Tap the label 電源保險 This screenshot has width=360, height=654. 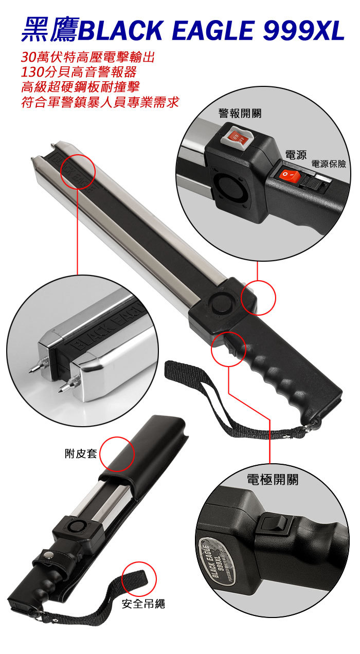[329, 164]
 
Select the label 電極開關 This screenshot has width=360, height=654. [273, 479]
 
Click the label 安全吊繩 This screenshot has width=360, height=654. [143, 604]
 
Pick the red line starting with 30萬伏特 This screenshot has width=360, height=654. [87, 57]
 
